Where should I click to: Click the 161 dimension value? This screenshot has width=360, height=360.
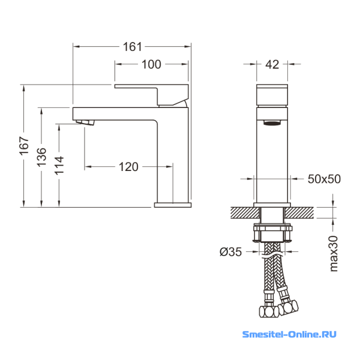tap(133, 47)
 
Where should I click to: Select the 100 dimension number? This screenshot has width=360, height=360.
tap(151, 64)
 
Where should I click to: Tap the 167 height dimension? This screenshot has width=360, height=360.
tap(24, 146)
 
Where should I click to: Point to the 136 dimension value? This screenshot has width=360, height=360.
tap(41, 157)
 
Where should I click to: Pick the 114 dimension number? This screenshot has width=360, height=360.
tap(59, 166)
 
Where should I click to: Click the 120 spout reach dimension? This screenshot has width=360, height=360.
tap(128, 167)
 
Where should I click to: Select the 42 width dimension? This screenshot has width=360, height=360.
tap(272, 65)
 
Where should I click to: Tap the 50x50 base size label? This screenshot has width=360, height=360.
tap(324, 179)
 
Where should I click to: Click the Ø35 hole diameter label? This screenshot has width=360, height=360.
tap(231, 252)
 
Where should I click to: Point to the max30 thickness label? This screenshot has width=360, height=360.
tap(334, 253)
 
